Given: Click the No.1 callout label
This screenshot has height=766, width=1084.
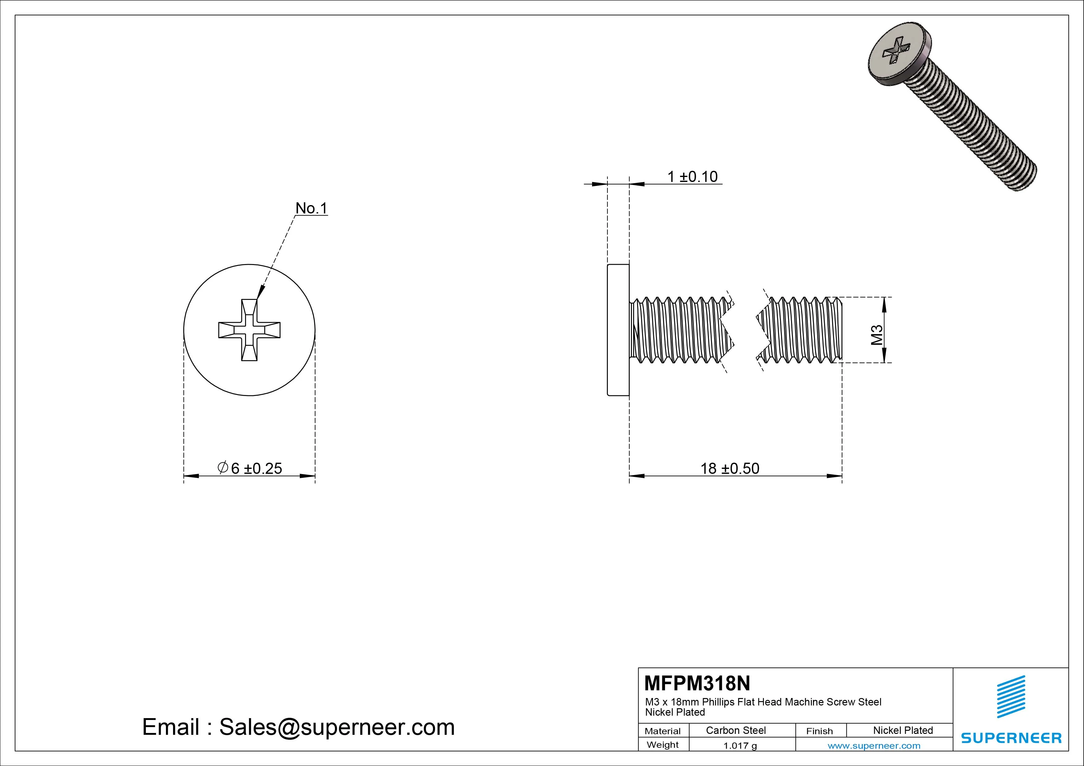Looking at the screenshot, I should click(x=311, y=208).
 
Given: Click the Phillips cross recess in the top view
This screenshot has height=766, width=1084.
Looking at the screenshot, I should click(x=249, y=330).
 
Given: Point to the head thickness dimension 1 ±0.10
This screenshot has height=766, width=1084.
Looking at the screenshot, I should click(x=692, y=176).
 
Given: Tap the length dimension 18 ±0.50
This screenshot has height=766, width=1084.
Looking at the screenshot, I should click(x=730, y=468).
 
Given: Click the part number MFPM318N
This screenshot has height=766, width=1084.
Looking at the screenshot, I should click(x=697, y=683).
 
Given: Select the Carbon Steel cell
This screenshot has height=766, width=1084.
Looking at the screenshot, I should click(x=735, y=730).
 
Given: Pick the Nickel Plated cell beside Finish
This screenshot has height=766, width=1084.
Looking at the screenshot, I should click(x=903, y=730).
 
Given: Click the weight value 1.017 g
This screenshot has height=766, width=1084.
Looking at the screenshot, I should click(x=740, y=746).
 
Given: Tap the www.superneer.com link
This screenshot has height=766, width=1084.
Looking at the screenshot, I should click(x=874, y=746).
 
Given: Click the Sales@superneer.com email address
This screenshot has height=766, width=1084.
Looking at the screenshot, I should click(x=337, y=727).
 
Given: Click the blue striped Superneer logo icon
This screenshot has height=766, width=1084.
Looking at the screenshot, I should click(x=1011, y=697).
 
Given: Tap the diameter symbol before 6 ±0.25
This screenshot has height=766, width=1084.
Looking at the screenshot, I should click(x=223, y=467).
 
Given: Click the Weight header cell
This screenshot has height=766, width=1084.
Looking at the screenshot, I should click(x=663, y=745).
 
